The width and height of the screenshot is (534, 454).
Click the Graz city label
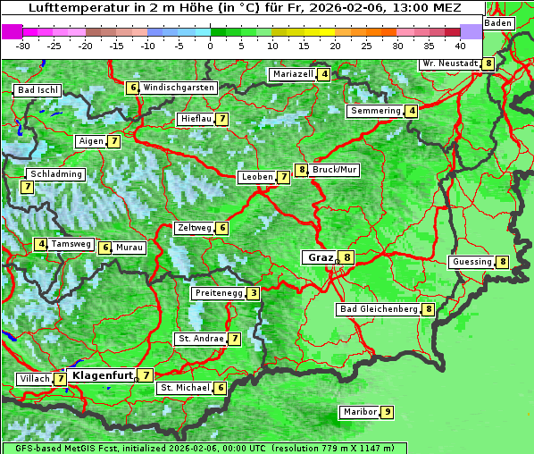pyautogui.click(x=319, y=257)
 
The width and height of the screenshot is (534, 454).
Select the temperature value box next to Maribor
pyautogui.click(x=387, y=412)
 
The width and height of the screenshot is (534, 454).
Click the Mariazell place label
pyautogui.click(x=293, y=74)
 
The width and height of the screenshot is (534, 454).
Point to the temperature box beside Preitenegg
pyautogui.click(x=254, y=293)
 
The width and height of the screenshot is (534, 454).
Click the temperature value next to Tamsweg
pyautogui.click(x=41, y=244)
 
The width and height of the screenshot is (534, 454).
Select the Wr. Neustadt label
pyautogui.click(x=450, y=63)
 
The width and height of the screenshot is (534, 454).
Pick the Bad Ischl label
pyautogui.click(x=38, y=90)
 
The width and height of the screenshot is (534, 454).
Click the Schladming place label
pyautogui.click(x=55, y=174)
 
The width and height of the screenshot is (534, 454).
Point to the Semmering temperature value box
pyautogui.click(x=411, y=111)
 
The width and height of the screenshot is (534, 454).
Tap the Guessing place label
pyautogui.click(x=471, y=262)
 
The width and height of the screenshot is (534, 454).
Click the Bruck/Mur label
pyautogui.click(x=335, y=170)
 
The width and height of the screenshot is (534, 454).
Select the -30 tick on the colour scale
pyautogui.click(x=23, y=45)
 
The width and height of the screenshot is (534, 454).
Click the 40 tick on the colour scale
pyautogui.click(x=460, y=45)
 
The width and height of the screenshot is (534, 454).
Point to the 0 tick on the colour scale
pyautogui.click(x=211, y=45)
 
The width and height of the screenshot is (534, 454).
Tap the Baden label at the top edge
pyautogui.click(x=499, y=22)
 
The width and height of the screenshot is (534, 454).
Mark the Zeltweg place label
pyautogui.click(x=194, y=228)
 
